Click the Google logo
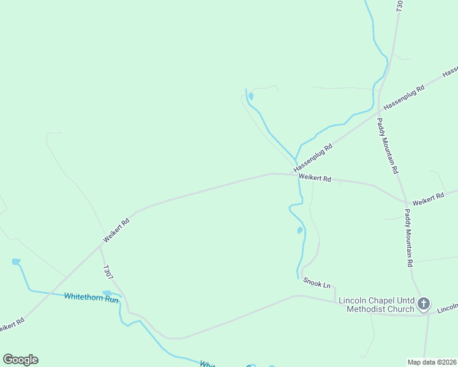click(20, 360)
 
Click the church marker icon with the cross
click(424, 303)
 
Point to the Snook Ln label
click(317, 284)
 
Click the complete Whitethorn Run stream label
click(91, 298)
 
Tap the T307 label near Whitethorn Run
click(108, 273)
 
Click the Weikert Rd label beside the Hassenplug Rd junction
click(315, 179)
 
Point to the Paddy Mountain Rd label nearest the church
click(409, 238)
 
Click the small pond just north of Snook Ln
click(299, 230)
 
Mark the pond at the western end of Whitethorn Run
click(16, 262)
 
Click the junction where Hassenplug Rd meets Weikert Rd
click(291, 174)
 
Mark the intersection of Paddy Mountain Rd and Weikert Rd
click(406, 202)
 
